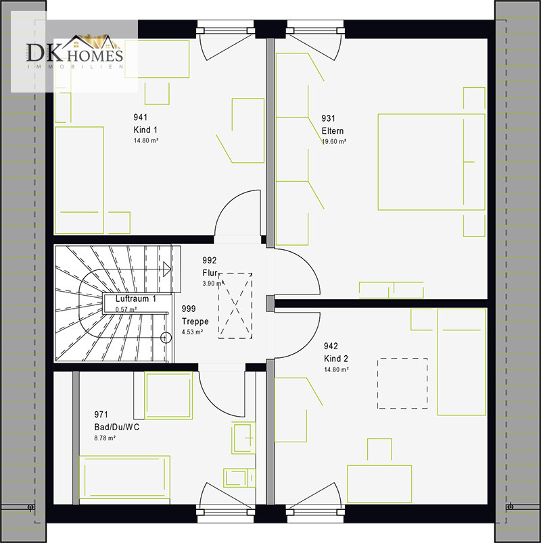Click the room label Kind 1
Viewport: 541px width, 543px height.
(145, 130)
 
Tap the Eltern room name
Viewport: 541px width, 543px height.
(333, 131)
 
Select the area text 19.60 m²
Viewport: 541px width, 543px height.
(334, 141)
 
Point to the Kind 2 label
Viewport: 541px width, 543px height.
(336, 359)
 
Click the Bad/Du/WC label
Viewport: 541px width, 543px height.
(117, 427)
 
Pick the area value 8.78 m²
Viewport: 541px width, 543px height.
(105, 438)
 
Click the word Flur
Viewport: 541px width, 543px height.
(210, 273)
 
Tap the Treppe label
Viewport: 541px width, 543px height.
(195, 321)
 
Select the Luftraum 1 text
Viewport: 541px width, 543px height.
(136, 299)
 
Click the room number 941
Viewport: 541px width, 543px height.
(141, 118)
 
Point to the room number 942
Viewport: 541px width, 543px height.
(331, 346)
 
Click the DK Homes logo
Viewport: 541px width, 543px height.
(75, 52)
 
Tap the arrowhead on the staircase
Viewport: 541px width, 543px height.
(167, 269)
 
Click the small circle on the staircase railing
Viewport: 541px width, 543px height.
(166, 337)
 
